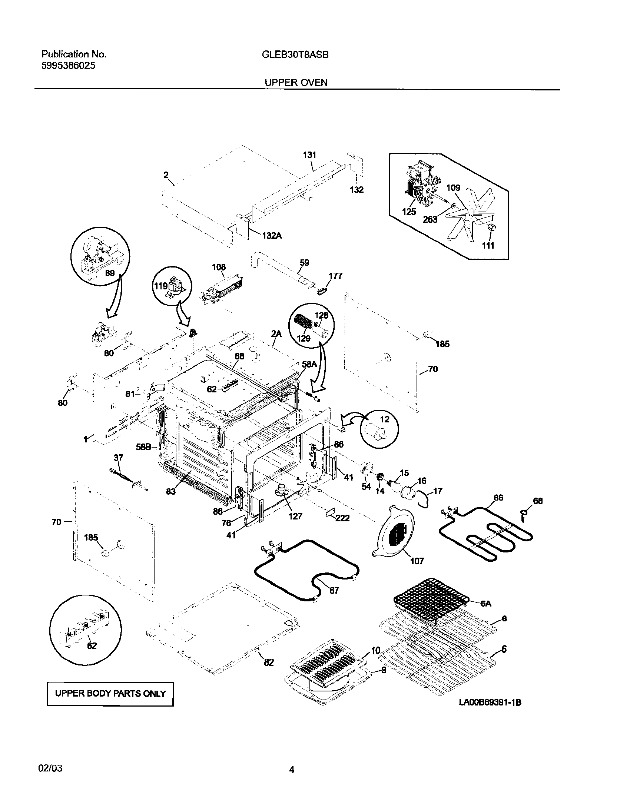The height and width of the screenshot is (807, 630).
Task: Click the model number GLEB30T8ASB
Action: tap(295, 55)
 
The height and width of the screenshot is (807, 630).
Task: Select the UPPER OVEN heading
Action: tap(296, 83)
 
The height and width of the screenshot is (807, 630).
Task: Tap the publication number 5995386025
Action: tap(68, 66)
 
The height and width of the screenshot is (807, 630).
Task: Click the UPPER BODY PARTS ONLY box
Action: tap(110, 694)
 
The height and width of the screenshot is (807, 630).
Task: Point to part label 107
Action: tap(417, 561)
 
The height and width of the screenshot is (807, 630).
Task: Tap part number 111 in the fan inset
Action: tap(488, 245)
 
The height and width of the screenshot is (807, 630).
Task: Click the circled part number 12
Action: tap(385, 419)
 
